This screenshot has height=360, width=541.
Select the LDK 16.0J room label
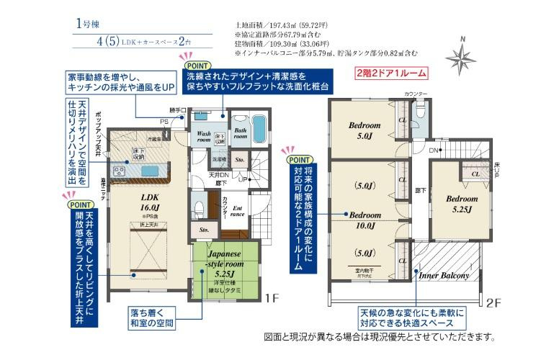click(150, 202)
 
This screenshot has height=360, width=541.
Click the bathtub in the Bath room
click(261, 130)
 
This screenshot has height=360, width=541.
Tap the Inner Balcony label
click(445, 275)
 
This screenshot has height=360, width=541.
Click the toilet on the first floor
click(200, 208)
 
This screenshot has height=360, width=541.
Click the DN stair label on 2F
click(434, 150)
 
